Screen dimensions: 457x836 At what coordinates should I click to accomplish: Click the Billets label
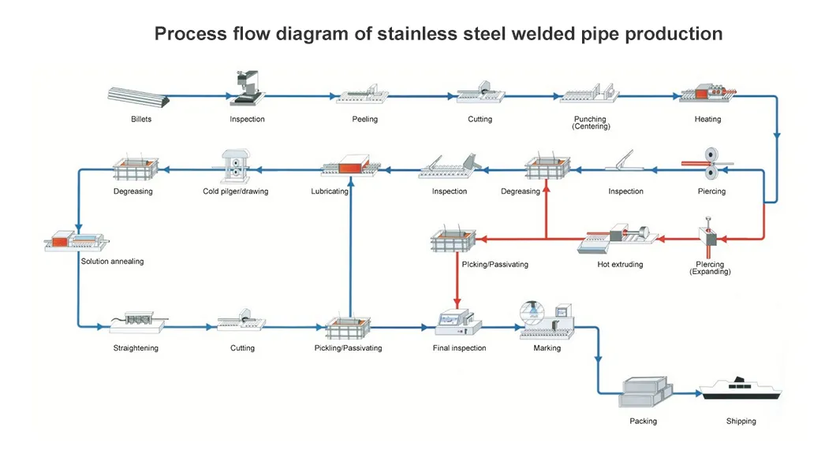pyautogui.click(x=141, y=120)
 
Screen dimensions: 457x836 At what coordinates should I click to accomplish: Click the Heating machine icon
pyautogui.click(x=708, y=94)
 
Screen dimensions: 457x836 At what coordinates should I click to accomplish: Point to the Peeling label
pyautogui.click(x=364, y=120)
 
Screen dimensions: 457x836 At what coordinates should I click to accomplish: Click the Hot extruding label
pyautogui.click(x=620, y=265)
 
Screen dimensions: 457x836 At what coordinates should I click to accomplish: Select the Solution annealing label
pyautogui.click(x=112, y=262)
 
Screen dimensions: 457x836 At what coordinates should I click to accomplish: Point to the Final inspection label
pyautogui.click(x=459, y=348)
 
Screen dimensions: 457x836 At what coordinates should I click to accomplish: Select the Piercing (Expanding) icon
pyautogui.click(x=709, y=236)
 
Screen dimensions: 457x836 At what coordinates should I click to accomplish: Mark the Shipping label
pyautogui.click(x=741, y=422)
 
